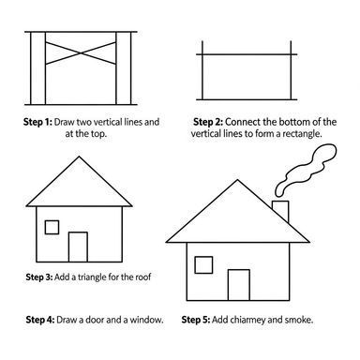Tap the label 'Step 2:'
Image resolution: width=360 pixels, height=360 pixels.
pyautogui.click(x=211, y=122)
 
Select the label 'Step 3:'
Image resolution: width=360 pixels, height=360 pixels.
pyautogui.click(x=44, y=278)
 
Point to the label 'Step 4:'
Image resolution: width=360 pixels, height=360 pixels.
pyautogui.click(x=44, y=320)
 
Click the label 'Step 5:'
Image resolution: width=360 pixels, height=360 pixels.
pyautogui.click(x=201, y=320)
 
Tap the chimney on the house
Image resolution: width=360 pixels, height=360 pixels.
pyautogui.click(x=279, y=210)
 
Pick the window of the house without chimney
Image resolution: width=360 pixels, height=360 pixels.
pyautogui.click(x=52, y=226)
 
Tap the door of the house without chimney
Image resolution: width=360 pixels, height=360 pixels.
pyautogui.click(x=79, y=247)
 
